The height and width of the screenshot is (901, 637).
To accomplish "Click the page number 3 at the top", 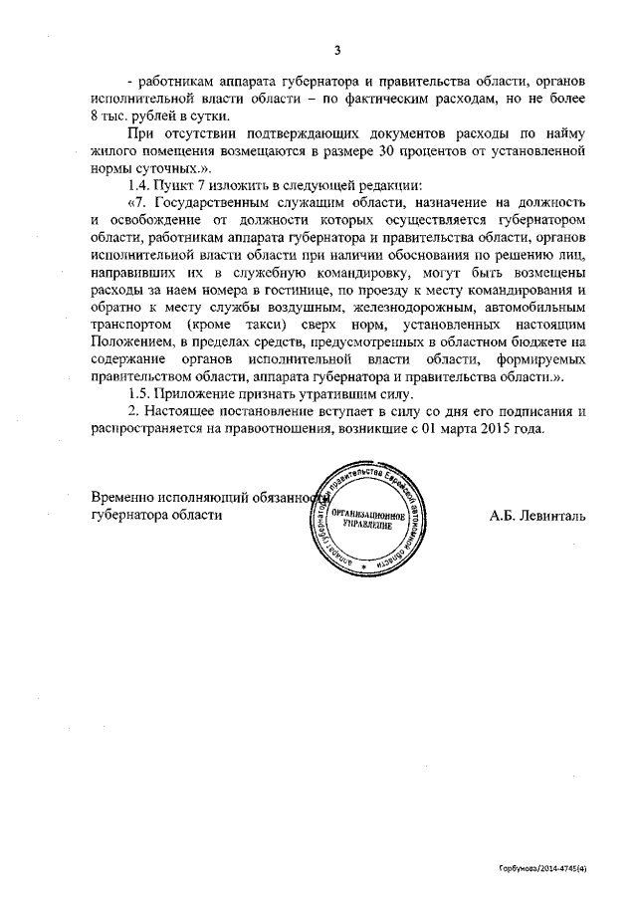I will (x=336, y=51).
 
